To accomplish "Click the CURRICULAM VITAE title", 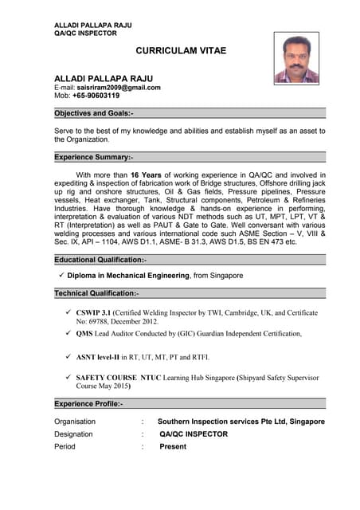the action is [x=181, y=51].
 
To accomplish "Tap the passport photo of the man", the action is [x=296, y=58].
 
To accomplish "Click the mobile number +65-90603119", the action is [x=96, y=96].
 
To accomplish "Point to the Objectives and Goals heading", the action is [x=94, y=113].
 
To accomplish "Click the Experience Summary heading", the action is [x=94, y=158].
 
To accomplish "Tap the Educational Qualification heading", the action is [x=100, y=260].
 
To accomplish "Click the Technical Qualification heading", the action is [x=96, y=294].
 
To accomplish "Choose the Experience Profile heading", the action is [x=88, y=405].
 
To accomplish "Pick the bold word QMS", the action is [x=84, y=334].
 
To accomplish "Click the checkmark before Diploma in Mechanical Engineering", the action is [x=61, y=275].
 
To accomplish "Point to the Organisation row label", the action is [x=80, y=422].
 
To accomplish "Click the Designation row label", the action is [x=73, y=434].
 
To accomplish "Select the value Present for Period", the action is [x=173, y=447].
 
